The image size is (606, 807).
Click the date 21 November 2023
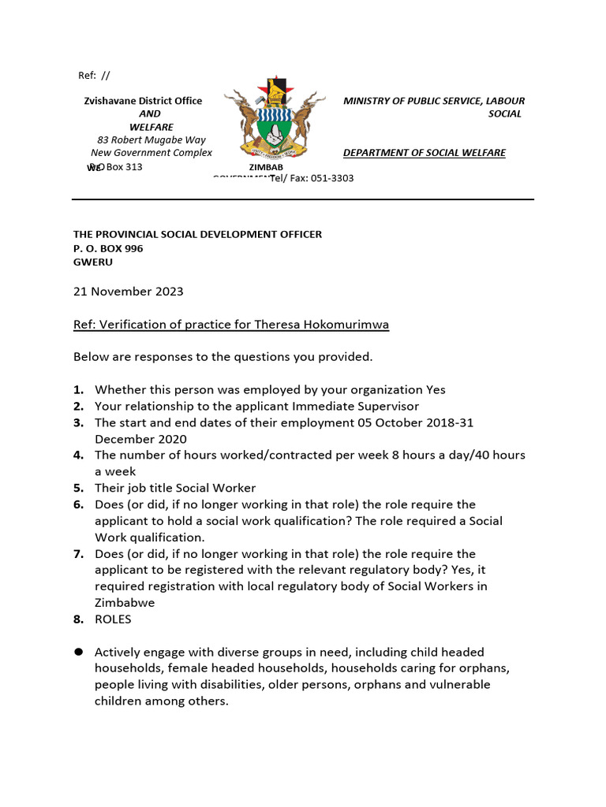[128, 292]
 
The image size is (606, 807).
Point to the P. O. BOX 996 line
[108, 248]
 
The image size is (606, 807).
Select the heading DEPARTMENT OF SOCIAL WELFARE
[424, 153]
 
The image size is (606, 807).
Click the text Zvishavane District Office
[143, 101]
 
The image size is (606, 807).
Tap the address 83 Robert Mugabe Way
[151, 140]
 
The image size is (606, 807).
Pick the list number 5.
[78, 488]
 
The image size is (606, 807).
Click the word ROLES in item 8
[113, 619]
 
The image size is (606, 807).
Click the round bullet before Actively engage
[78, 652]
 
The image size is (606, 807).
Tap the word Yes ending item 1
[436, 389]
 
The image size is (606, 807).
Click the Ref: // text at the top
[94, 76]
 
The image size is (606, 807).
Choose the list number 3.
[78, 422]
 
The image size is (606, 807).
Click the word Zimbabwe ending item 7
[125, 603]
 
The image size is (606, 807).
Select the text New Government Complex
[151, 153]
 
